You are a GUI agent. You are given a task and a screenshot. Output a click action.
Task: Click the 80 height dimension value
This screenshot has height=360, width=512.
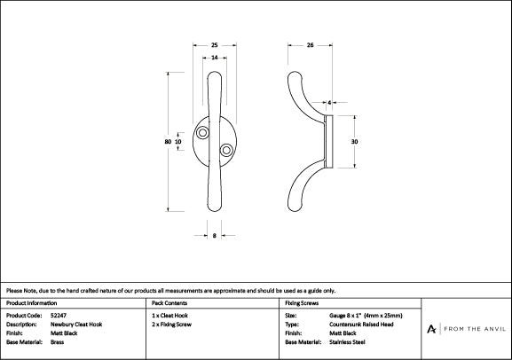pyautogui.click(x=167, y=141)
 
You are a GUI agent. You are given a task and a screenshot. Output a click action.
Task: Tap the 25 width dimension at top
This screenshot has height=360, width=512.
pyautogui.click(x=216, y=45)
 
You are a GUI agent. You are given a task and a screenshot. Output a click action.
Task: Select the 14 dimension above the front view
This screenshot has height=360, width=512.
pyautogui.click(x=216, y=58)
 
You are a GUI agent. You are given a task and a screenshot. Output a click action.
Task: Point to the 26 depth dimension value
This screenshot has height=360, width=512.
pyautogui.click(x=311, y=45)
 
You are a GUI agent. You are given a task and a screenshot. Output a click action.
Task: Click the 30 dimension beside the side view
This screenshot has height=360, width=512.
pyautogui.click(x=355, y=141)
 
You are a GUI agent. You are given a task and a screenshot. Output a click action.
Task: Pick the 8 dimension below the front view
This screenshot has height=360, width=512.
pyautogui.click(x=216, y=235)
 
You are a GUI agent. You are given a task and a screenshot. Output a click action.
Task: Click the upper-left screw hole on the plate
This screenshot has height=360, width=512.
pyautogui.click(x=204, y=132)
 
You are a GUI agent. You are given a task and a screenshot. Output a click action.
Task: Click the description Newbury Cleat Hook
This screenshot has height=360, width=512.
pyautogui.click(x=76, y=324)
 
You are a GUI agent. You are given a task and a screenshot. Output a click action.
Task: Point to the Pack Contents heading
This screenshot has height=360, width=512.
pyautogui.click(x=169, y=303)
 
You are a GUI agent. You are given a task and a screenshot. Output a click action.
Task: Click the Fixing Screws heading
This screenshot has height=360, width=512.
pyautogui.click(x=302, y=303)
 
